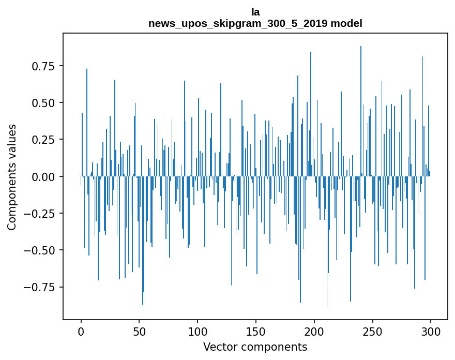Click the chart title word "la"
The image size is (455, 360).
click(255, 12)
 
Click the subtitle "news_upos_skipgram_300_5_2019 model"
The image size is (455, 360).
click(255, 23)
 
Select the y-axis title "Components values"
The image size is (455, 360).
click(12, 177)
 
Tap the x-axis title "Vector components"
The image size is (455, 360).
click(255, 347)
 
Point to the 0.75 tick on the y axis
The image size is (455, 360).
click(43, 66)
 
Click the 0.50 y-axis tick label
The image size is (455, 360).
click(43, 103)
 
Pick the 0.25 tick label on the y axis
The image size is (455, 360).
click(43, 140)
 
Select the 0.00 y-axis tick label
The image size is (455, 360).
click(43, 177)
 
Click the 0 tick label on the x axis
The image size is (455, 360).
click(81, 332)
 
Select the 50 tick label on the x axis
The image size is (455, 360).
click(139, 332)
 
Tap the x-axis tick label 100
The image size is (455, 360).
click(198, 332)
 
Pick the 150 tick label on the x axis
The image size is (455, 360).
click(255, 332)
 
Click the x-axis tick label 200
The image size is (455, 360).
click(314, 332)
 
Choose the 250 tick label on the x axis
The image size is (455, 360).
click(372, 332)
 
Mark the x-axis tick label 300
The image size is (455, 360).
click(430, 332)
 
